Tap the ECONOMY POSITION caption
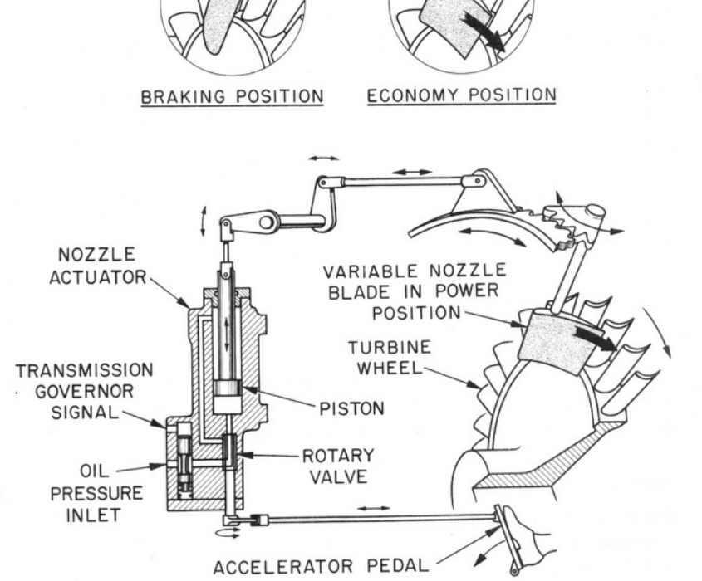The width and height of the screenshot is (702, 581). tap(461, 95)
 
